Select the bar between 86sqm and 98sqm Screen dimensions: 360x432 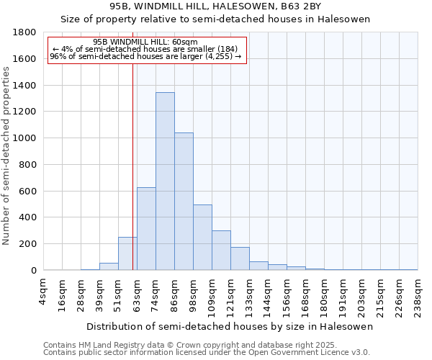click(184, 202)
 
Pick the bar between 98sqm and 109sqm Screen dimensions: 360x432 click(202, 238)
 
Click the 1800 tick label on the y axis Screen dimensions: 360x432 click(25, 32)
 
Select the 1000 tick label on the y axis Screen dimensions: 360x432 click(25, 138)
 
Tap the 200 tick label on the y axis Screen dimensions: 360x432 click(28, 244)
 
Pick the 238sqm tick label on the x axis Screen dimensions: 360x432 click(418, 294)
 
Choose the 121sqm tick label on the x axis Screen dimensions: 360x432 click(231, 294)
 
